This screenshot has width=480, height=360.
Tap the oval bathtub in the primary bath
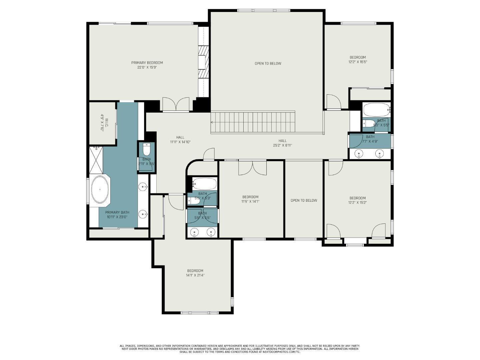coord(100,189)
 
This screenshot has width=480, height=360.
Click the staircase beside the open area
coord(253,122)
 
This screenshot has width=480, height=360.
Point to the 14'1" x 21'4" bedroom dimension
coord(195,275)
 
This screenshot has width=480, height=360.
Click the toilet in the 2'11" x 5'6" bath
coord(147,149)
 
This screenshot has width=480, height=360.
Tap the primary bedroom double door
coord(176,104)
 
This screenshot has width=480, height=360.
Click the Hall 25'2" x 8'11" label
coord(282,143)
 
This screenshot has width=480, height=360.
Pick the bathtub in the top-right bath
coord(376,109)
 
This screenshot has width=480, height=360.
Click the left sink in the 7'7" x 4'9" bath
coord(359,154)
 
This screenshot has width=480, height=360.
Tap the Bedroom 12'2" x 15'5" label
coord(358,59)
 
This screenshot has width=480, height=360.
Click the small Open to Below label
coord(304,200)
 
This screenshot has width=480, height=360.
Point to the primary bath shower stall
coord(96,160)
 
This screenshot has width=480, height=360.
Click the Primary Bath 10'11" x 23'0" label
coord(117,214)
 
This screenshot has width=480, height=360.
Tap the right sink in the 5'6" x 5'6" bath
coord(211,232)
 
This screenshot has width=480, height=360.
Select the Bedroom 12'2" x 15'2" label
coord(357,200)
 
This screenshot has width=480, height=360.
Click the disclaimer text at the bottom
coord(240,349)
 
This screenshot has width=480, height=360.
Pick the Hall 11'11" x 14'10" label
coord(180,139)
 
